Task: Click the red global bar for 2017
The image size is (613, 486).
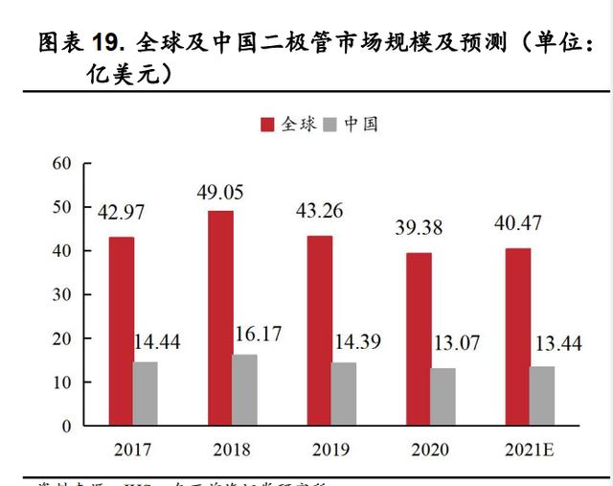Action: pos(122,331)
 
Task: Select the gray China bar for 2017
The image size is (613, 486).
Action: pos(146,393)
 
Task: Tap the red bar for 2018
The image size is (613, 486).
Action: pos(220,317)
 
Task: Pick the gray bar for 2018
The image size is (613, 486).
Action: pos(245,389)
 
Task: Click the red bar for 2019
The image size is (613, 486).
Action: pos(320,330)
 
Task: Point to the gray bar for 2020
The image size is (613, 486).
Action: pos(443,396)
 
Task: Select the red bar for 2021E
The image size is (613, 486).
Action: pos(518,336)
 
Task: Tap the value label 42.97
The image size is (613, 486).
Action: pos(122,210)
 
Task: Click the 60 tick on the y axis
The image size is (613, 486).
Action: pos(62,163)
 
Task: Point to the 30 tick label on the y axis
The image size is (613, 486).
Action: pos(62,294)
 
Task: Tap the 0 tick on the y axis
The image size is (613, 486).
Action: pos(67,426)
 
